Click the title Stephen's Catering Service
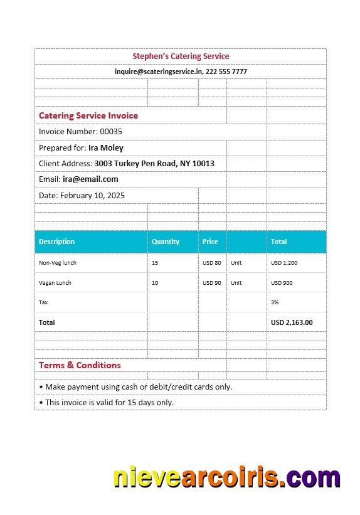(181, 56)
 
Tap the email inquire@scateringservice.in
(159, 72)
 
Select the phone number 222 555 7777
(226, 72)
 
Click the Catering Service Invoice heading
(88, 115)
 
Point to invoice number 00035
(111, 132)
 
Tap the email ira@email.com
(90, 179)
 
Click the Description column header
(56, 242)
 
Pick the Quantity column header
(166, 242)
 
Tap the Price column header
(210, 242)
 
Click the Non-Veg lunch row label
(58, 263)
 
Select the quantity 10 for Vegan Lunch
(155, 283)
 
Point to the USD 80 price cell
(212, 263)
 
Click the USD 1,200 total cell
(284, 263)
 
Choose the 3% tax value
(274, 302)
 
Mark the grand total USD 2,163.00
(292, 322)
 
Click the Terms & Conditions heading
(80, 365)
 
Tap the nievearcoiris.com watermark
(226, 478)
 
